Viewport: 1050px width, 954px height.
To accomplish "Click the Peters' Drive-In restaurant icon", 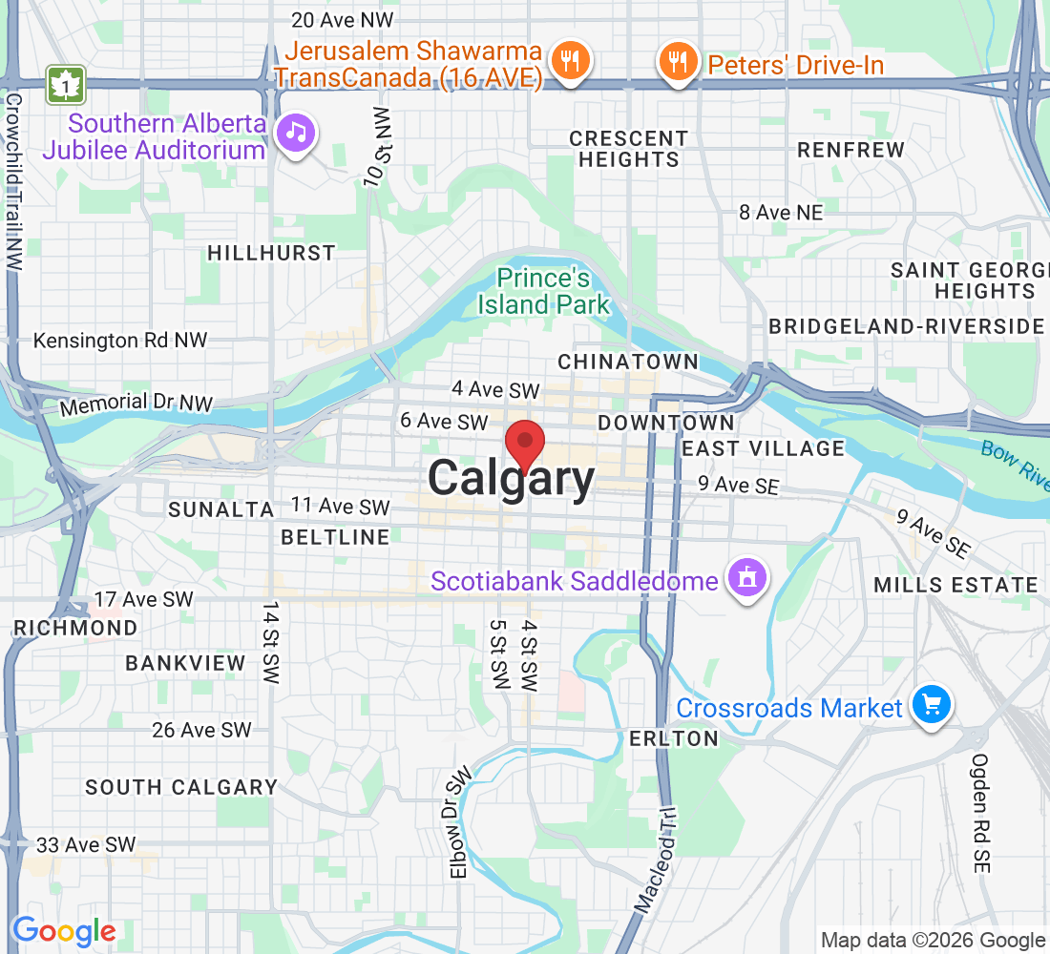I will click(x=678, y=63).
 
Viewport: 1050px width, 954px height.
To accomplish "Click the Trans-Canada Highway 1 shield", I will click(x=66, y=85).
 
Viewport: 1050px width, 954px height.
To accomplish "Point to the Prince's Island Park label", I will click(x=544, y=292).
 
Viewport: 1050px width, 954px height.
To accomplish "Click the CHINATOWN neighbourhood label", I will click(x=628, y=362).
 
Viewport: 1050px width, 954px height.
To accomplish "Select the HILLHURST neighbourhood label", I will click(x=272, y=253).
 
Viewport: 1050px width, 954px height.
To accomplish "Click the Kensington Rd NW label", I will click(x=120, y=341).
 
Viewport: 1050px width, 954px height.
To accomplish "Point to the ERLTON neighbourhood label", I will click(x=674, y=738).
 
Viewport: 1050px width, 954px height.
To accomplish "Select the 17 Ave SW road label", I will click(x=144, y=599).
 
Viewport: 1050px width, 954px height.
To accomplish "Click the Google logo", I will click(x=64, y=930).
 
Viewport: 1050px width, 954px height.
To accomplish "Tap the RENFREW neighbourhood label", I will click(x=850, y=150).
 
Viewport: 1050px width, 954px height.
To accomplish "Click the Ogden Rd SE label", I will click(x=981, y=813).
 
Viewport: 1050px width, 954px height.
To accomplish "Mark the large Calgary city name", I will click(x=511, y=479).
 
